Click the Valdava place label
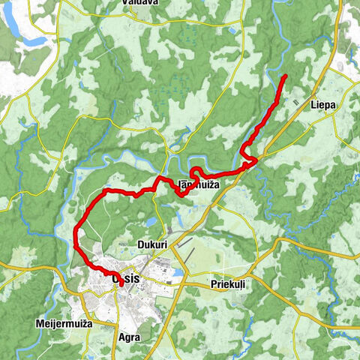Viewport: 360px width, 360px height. pyautogui.click(x=139, y=3)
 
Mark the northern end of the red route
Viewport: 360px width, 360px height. pyautogui.click(x=286, y=77)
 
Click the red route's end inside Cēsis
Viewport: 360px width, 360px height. pyautogui.click(x=121, y=285)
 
